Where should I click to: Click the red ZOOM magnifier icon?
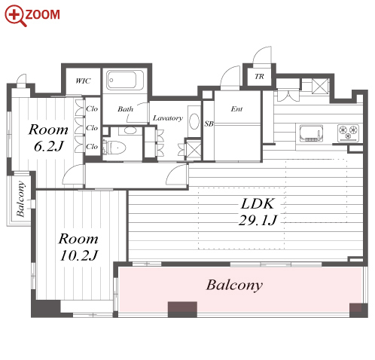[x=15, y=15]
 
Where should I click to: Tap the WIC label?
[x=83, y=81]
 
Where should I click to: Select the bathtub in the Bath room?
[x=125, y=80]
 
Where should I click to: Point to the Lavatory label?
[x=168, y=118]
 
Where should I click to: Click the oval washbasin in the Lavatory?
[x=194, y=121]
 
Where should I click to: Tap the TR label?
[x=259, y=76]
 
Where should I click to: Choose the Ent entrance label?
[x=236, y=109]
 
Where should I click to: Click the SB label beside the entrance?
[x=209, y=124]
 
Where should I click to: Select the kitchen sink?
[x=311, y=133]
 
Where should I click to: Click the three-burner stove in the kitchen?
[x=348, y=133]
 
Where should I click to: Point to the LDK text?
[x=258, y=203]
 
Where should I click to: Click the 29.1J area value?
[x=258, y=221]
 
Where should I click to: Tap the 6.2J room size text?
[x=49, y=146]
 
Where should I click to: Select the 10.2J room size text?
[x=79, y=255]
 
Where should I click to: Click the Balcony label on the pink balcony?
[x=234, y=285]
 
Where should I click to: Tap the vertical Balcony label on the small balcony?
[x=20, y=199]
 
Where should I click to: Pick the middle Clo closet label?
[x=92, y=128]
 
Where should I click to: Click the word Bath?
[x=126, y=109]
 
